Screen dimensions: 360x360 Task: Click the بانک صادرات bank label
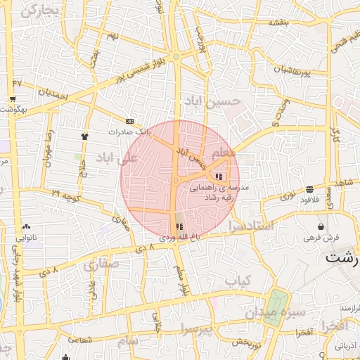[x=129, y=131]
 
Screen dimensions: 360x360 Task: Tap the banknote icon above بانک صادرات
[x=129, y=121]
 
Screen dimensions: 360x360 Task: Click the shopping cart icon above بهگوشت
[x=13, y=99]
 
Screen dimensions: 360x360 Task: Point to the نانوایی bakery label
[x=25, y=237]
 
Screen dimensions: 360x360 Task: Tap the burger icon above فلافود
[x=310, y=188]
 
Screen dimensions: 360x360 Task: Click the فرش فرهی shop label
[x=322, y=238]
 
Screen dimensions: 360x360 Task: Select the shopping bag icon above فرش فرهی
[x=321, y=227]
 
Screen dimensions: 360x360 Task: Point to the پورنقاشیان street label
[x=285, y=70]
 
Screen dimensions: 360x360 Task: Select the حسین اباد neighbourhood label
[x=212, y=101]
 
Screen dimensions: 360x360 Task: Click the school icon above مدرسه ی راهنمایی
[x=220, y=176]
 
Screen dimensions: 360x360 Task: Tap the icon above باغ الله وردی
[x=179, y=226]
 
